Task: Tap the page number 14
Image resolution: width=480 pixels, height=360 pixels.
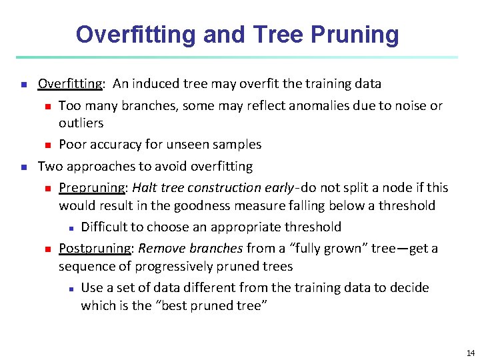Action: point(471,353)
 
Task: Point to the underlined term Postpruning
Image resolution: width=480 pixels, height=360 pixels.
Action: point(94,249)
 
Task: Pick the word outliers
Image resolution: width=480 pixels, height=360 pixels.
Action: point(81,123)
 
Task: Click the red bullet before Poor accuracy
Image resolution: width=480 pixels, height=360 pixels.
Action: point(47,145)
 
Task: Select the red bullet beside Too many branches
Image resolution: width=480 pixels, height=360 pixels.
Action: point(47,106)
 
